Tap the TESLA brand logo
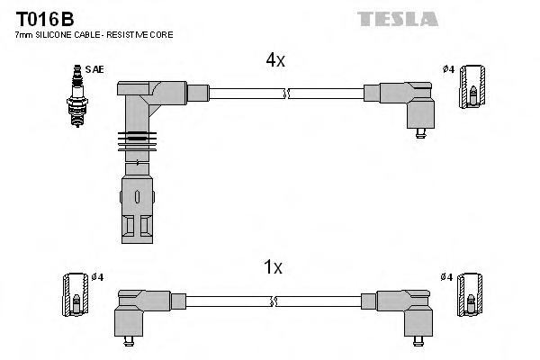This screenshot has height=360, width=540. pos(397,18)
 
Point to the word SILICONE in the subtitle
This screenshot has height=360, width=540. pos(54,34)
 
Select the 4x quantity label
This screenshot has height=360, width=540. pos(274,60)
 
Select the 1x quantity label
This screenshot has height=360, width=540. pos(274,267)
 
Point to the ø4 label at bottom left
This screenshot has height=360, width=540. pos(98,276)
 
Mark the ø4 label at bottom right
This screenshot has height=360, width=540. pos(447,276)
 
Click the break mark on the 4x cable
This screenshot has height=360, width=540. pos(286,92)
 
